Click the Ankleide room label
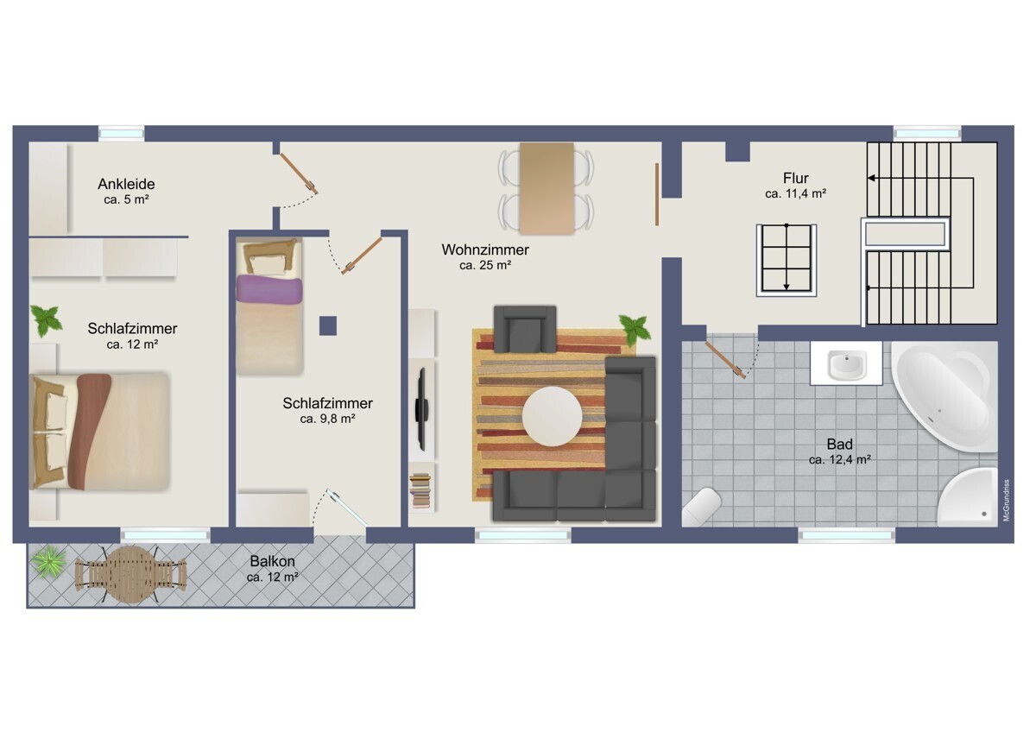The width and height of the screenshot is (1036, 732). click(x=126, y=184)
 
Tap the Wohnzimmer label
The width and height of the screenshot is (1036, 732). click(x=484, y=249)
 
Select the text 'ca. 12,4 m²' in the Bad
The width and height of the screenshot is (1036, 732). click(x=838, y=460)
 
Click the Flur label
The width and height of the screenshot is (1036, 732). click(x=795, y=179)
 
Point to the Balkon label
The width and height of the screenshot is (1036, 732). click(x=272, y=560)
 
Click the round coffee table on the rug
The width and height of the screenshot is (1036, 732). click(x=552, y=416)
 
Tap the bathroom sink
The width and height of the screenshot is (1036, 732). click(x=846, y=364)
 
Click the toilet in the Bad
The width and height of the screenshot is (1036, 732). click(x=701, y=508)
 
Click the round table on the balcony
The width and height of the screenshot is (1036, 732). click(x=129, y=574)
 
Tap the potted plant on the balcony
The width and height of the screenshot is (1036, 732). click(x=48, y=563)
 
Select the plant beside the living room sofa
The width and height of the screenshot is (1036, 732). click(x=635, y=329)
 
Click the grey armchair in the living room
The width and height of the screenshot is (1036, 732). click(x=524, y=328)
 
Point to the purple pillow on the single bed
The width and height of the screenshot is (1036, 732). click(x=269, y=289)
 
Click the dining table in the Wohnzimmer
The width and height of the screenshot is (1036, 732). click(x=546, y=188)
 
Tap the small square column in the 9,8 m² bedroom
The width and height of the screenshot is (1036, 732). click(x=327, y=325)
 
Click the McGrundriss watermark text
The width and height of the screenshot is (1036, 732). click(x=1006, y=501)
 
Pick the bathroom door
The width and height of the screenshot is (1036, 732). click(x=725, y=358)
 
